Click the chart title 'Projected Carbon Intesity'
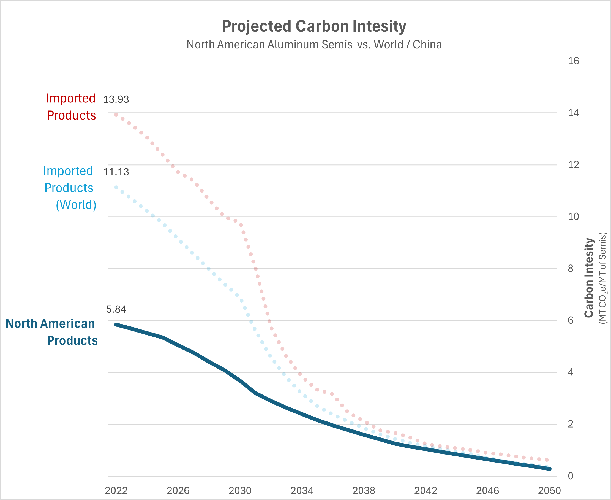pyautogui.click(x=314, y=26)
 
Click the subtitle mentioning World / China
pyautogui.click(x=314, y=45)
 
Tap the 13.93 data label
pyautogui.click(x=116, y=99)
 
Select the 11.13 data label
pyautogui.click(x=116, y=172)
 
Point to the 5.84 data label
pyautogui.click(x=116, y=309)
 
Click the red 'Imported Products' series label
pyautogui.click(x=71, y=107)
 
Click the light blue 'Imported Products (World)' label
pyautogui.click(x=69, y=188)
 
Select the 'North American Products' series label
pyautogui.click(x=51, y=332)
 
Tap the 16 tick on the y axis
pyautogui.click(x=573, y=61)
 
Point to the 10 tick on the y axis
pyautogui.click(x=573, y=217)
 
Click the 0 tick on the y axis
pyautogui.click(x=571, y=476)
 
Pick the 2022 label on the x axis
pyautogui.click(x=116, y=490)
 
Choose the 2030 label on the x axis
pyautogui.click(x=240, y=490)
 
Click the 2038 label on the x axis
pyautogui.click(x=364, y=490)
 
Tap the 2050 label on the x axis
pyautogui.click(x=549, y=490)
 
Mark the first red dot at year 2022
pyautogui.click(x=116, y=115)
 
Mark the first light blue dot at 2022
pyautogui.click(x=116, y=187)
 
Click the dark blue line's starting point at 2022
pyautogui.click(x=116, y=324)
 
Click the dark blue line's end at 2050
pyautogui.click(x=549, y=469)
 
